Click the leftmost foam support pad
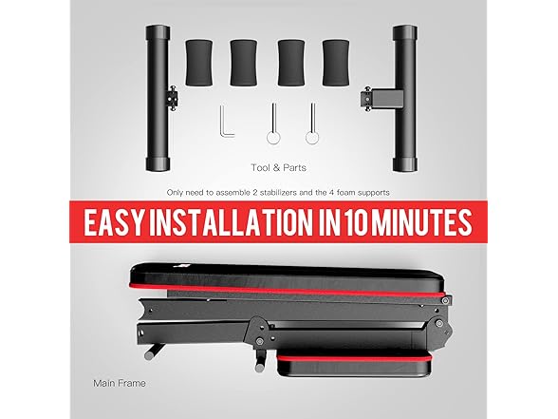(x=199, y=63)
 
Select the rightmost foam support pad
(x=336, y=63)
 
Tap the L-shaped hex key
(x=226, y=122)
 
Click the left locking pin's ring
(x=273, y=138)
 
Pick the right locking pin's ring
(x=312, y=138)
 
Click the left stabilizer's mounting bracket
(x=173, y=98)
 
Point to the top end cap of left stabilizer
(x=158, y=32)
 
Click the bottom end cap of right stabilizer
(x=405, y=163)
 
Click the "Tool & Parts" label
(x=278, y=168)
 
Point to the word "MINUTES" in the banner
(x=421, y=222)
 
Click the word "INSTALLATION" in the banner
(x=230, y=222)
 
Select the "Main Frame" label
(x=120, y=384)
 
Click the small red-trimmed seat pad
(x=355, y=365)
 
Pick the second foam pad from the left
(x=243, y=63)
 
